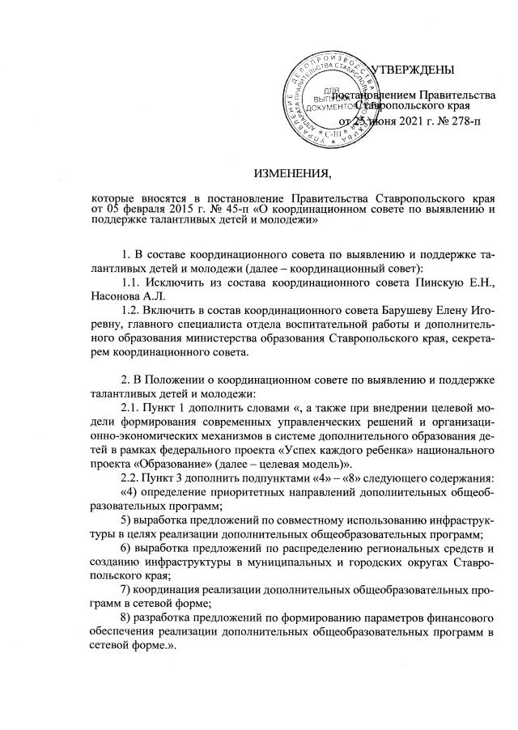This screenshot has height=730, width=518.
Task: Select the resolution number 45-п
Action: pyautogui.click(x=248, y=210)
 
